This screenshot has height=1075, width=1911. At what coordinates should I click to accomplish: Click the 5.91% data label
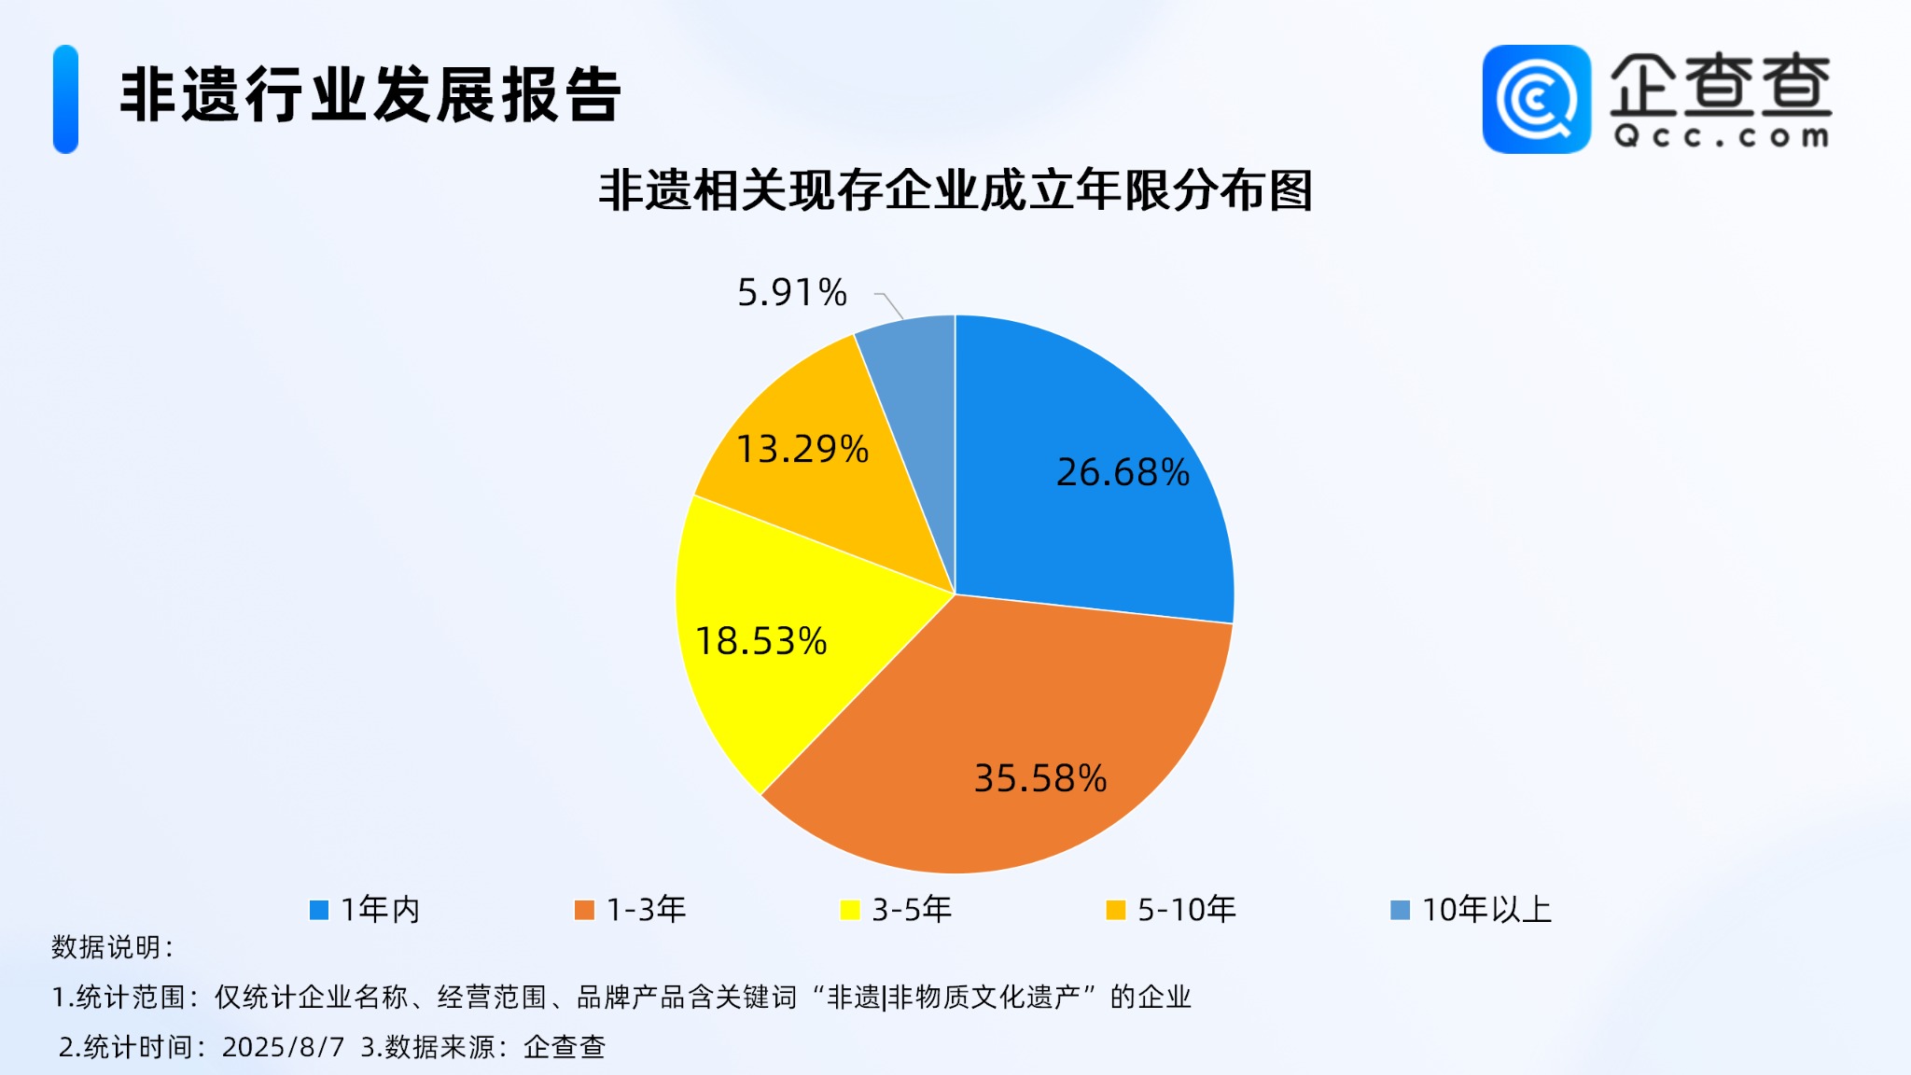coord(792,293)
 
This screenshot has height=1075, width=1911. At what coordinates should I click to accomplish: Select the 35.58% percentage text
coord(1040,778)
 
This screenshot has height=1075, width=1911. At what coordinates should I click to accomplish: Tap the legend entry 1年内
coord(365,910)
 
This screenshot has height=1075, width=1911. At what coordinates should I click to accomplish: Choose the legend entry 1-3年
coord(631,910)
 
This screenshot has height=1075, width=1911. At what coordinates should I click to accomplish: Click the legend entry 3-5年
coord(896,910)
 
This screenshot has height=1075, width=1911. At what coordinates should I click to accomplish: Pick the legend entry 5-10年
coord(1171,910)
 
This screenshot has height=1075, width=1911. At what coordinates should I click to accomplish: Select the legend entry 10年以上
coord(1472,910)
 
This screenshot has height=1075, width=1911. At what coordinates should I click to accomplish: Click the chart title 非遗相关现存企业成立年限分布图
coord(955,190)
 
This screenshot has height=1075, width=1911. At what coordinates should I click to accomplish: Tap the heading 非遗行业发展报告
coord(370,95)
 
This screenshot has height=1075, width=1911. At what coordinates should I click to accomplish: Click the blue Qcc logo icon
coord(1537,99)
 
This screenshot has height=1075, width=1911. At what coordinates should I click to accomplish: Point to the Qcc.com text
coord(1722,136)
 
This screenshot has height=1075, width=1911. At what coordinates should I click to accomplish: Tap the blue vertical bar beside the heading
coord(65,99)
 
